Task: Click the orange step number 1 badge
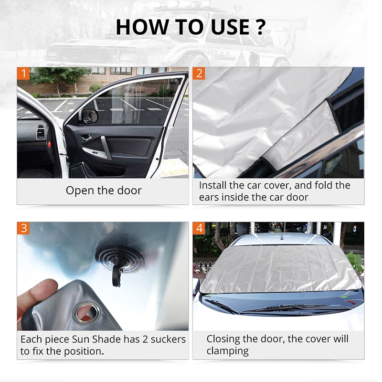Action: click(x=23, y=74)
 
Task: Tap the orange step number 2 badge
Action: click(x=199, y=74)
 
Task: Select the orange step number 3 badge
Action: click(x=23, y=228)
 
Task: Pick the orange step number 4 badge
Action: click(x=199, y=228)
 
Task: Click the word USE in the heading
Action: click(x=230, y=27)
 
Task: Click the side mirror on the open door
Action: click(x=89, y=116)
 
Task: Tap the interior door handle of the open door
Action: click(x=86, y=138)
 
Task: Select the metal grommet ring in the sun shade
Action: click(x=87, y=313)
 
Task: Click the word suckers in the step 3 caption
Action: click(x=168, y=340)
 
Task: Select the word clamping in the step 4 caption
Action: click(x=228, y=351)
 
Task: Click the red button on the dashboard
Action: click(x=49, y=145)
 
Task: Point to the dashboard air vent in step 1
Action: click(x=41, y=132)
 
